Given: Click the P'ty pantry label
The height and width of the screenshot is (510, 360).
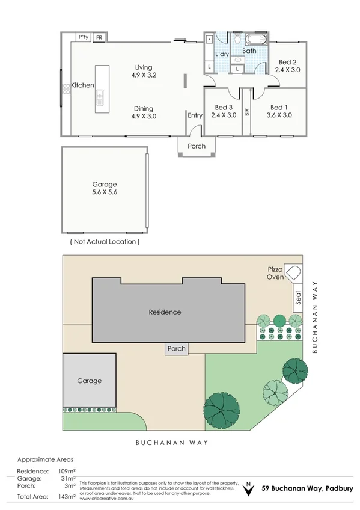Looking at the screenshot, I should [84, 37].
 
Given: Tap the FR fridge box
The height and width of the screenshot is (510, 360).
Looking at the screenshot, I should [99, 37].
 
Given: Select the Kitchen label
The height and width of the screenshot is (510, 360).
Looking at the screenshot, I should [82, 85].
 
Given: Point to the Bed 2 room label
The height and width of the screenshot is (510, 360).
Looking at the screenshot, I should [287, 62].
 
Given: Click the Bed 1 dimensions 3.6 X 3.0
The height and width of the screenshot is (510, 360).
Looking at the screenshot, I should [279, 115].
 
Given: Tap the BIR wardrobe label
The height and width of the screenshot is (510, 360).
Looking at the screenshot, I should [246, 112].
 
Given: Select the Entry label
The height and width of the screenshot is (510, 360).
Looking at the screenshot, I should [195, 115].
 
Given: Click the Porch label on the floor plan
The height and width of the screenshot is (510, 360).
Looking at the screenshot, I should [197, 146].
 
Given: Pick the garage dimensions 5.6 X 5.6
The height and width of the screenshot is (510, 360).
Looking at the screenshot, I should [105, 194].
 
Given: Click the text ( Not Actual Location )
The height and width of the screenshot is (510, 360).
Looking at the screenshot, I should [105, 241].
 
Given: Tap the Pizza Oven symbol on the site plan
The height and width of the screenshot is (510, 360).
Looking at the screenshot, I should [293, 273].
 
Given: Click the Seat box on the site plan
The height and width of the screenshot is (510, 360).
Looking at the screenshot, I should [297, 298].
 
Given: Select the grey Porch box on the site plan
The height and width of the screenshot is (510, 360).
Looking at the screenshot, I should [177, 349].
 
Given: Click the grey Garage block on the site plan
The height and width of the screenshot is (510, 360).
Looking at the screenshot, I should [89, 380].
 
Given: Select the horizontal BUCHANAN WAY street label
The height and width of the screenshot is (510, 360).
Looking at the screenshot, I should [172, 443].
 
